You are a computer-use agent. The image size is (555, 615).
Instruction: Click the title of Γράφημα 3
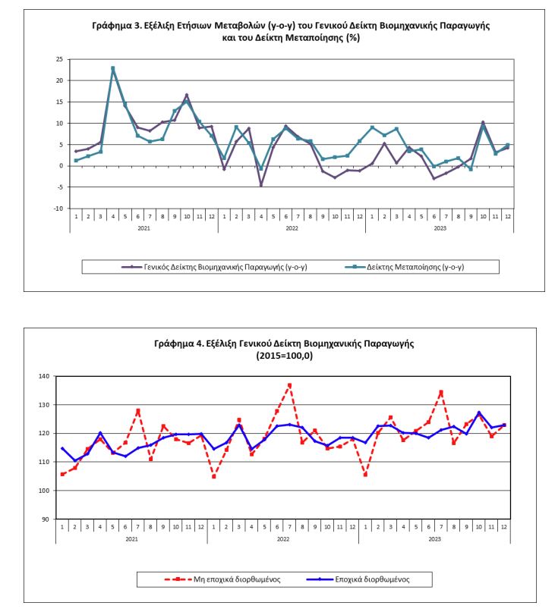[291, 31]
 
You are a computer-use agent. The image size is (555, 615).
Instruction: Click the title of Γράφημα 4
[284, 350]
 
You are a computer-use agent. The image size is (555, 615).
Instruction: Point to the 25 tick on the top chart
[59, 59]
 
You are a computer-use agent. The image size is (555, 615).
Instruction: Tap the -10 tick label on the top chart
[58, 209]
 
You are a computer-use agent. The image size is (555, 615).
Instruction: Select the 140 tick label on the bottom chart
[44, 376]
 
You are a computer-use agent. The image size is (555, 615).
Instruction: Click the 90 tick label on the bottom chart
[46, 519]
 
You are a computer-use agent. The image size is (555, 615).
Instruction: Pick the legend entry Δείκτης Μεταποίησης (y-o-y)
[405, 267]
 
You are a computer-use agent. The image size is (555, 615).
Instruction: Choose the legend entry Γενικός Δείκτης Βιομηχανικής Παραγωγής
[214, 267]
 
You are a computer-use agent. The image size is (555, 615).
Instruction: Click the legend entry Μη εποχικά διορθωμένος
[222, 579]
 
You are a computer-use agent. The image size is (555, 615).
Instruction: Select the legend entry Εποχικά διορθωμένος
[358, 579]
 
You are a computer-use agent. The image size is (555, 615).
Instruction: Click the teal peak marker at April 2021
[113, 68]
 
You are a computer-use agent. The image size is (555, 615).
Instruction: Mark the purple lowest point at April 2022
[261, 185]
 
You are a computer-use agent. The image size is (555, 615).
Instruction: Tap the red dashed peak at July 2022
[290, 385]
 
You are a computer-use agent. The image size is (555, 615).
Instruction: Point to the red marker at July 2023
[441, 392]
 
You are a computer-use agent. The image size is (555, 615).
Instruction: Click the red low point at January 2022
[213, 476]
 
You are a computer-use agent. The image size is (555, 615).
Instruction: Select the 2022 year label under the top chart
[292, 228]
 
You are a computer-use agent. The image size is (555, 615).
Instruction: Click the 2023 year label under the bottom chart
[435, 539]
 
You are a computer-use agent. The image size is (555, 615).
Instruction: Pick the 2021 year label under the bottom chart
[131, 539]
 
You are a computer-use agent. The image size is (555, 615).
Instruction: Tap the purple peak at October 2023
[483, 122]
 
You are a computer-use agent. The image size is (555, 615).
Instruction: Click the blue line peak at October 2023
[479, 413]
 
